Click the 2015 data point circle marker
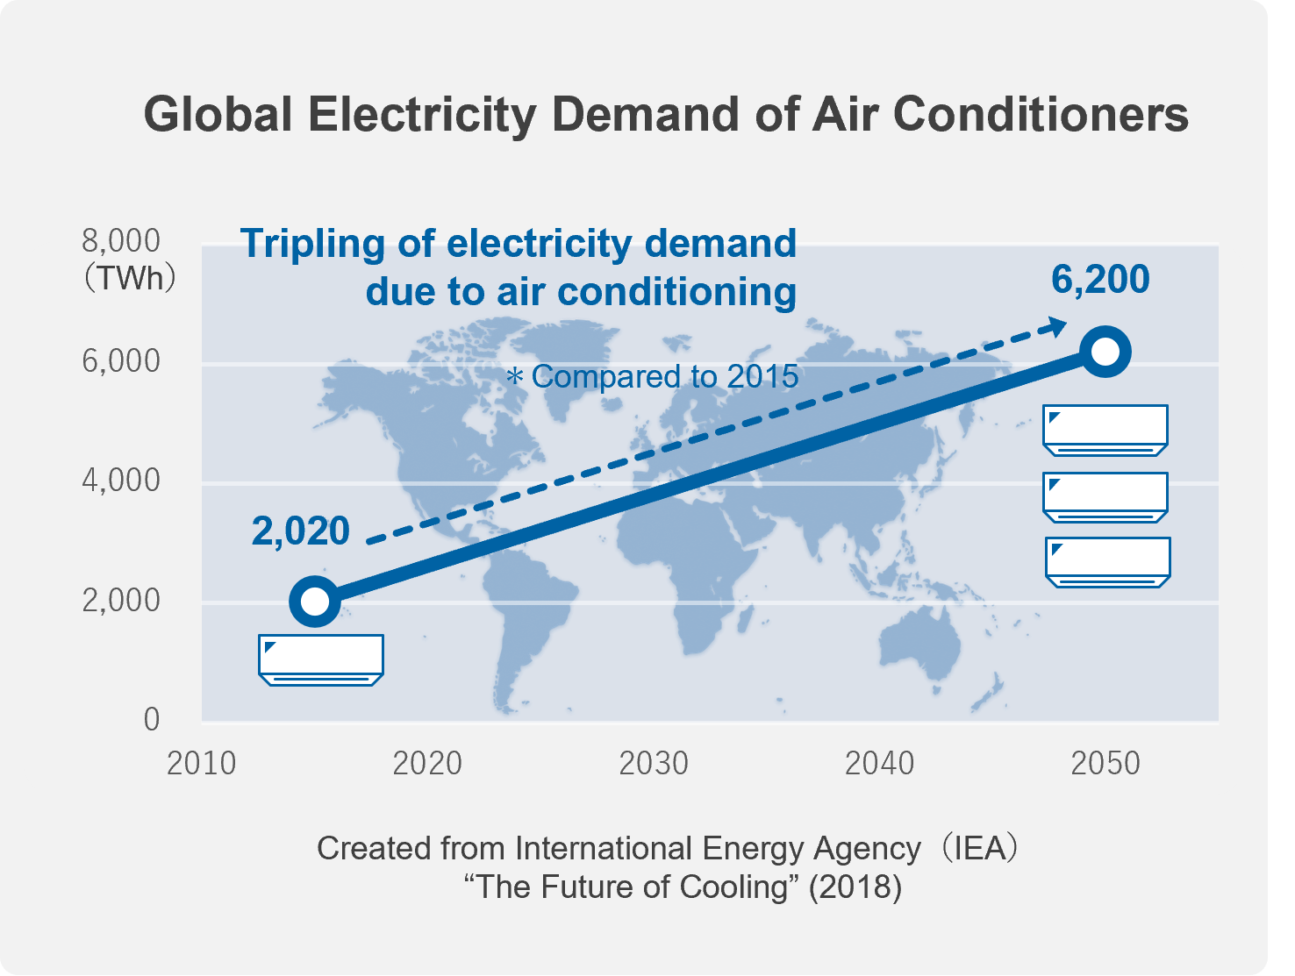point(314,601)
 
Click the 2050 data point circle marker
point(1105,352)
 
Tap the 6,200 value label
point(1100,280)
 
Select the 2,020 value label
point(300,531)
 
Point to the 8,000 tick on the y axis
point(121,240)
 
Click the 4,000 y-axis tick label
point(121,481)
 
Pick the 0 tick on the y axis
point(152,720)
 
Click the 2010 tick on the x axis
point(202,764)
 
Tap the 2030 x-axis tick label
point(654,764)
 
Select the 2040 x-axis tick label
point(879,764)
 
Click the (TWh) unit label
point(129,279)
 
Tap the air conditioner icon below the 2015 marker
point(321,659)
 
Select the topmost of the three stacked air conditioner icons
point(1105,430)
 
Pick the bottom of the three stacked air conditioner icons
point(1108,562)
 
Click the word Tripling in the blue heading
point(311,244)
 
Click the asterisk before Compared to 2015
point(515,378)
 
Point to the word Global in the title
point(218,115)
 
